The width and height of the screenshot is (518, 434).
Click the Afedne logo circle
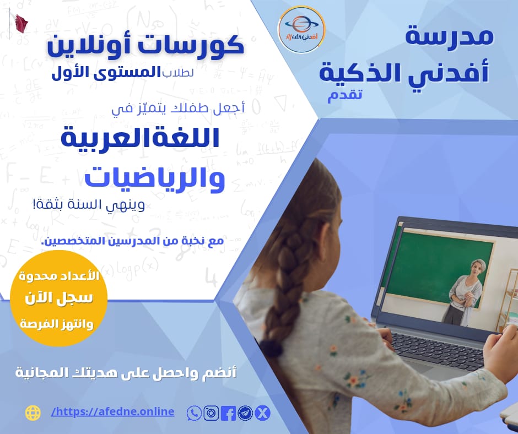(301, 29)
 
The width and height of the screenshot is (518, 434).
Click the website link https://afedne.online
(112, 411)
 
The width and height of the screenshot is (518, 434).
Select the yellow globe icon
(33, 413)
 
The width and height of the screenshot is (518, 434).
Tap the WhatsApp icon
(194, 413)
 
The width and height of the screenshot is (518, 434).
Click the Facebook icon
(228, 413)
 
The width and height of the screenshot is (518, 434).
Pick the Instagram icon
(211, 413)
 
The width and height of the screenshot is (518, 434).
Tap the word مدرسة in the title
(449, 36)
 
